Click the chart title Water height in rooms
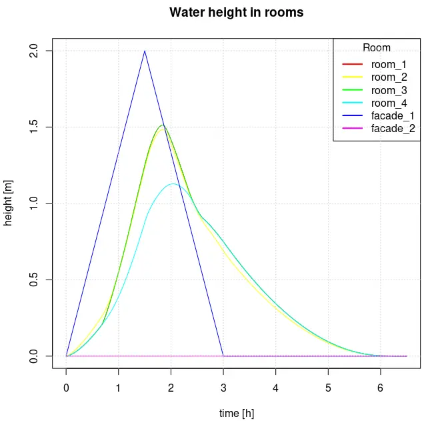236,13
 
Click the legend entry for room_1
389,65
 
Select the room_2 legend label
389,77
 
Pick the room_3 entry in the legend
389,90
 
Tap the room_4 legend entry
389,103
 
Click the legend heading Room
377,48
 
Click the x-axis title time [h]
237,414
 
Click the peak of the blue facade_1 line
145,51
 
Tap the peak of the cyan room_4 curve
173,183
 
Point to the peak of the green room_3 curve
162,125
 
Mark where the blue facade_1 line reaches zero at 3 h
223,356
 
